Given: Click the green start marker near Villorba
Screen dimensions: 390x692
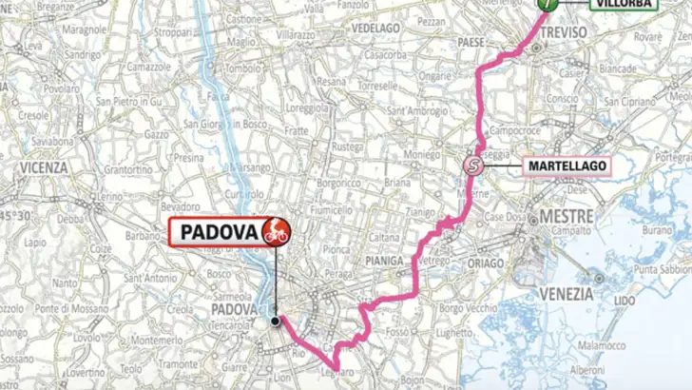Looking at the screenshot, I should (547, 4).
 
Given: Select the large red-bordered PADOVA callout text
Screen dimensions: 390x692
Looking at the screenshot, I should (216, 231).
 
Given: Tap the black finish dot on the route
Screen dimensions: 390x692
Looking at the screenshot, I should (275, 322).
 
